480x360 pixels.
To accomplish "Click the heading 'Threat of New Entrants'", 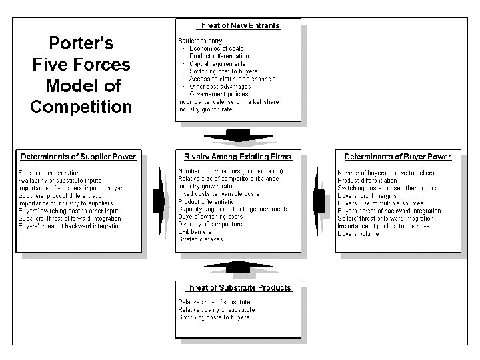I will [237, 26].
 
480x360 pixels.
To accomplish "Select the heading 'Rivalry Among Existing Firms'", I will [237, 157].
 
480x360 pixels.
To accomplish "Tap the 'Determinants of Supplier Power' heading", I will [79, 157].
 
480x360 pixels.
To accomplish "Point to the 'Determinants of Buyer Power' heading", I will [397, 157].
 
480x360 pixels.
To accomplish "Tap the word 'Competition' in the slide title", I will [81, 106].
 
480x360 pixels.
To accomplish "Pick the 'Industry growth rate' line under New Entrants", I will [205, 109].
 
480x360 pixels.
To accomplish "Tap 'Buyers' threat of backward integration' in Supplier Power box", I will [70, 226].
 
